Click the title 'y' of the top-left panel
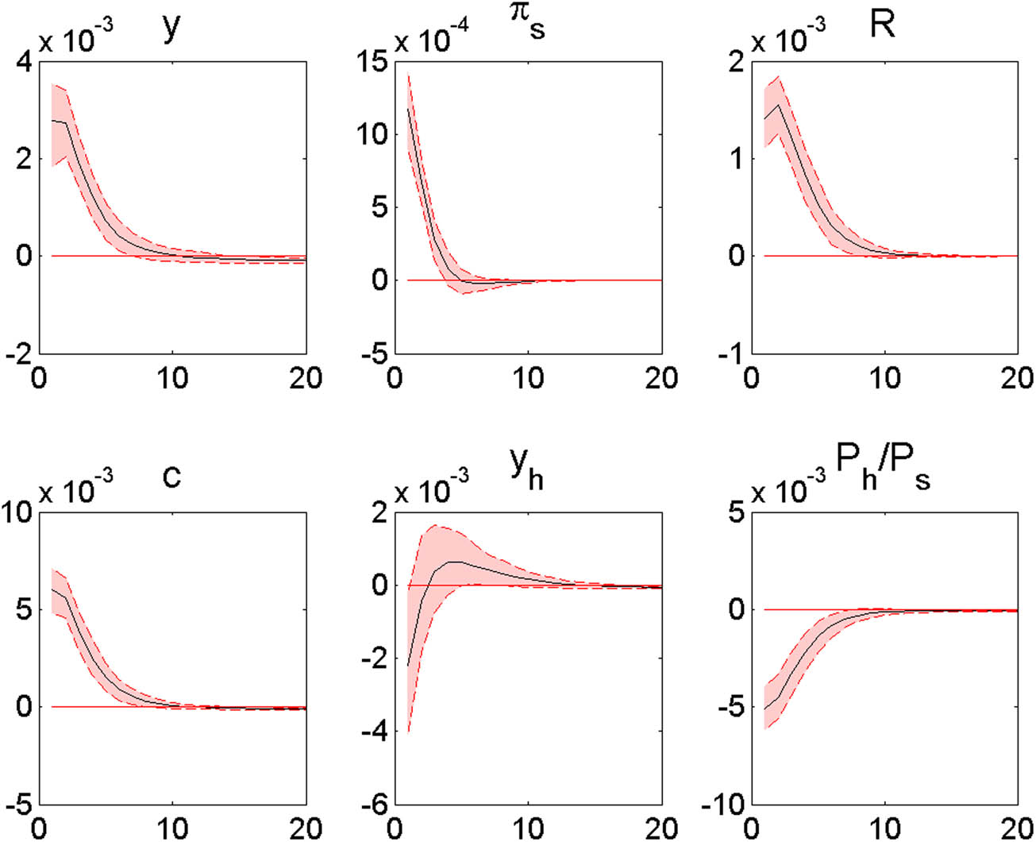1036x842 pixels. coord(171,27)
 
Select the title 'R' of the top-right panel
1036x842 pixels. coord(882,25)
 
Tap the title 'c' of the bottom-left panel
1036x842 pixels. coord(171,476)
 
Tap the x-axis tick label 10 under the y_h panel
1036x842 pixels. coord(528,829)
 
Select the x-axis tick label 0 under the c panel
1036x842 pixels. coord(39,829)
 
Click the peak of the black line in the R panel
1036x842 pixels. coord(779,105)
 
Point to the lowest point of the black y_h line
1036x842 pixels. coord(408,666)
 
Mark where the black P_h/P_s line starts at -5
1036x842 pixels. coord(765,709)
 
